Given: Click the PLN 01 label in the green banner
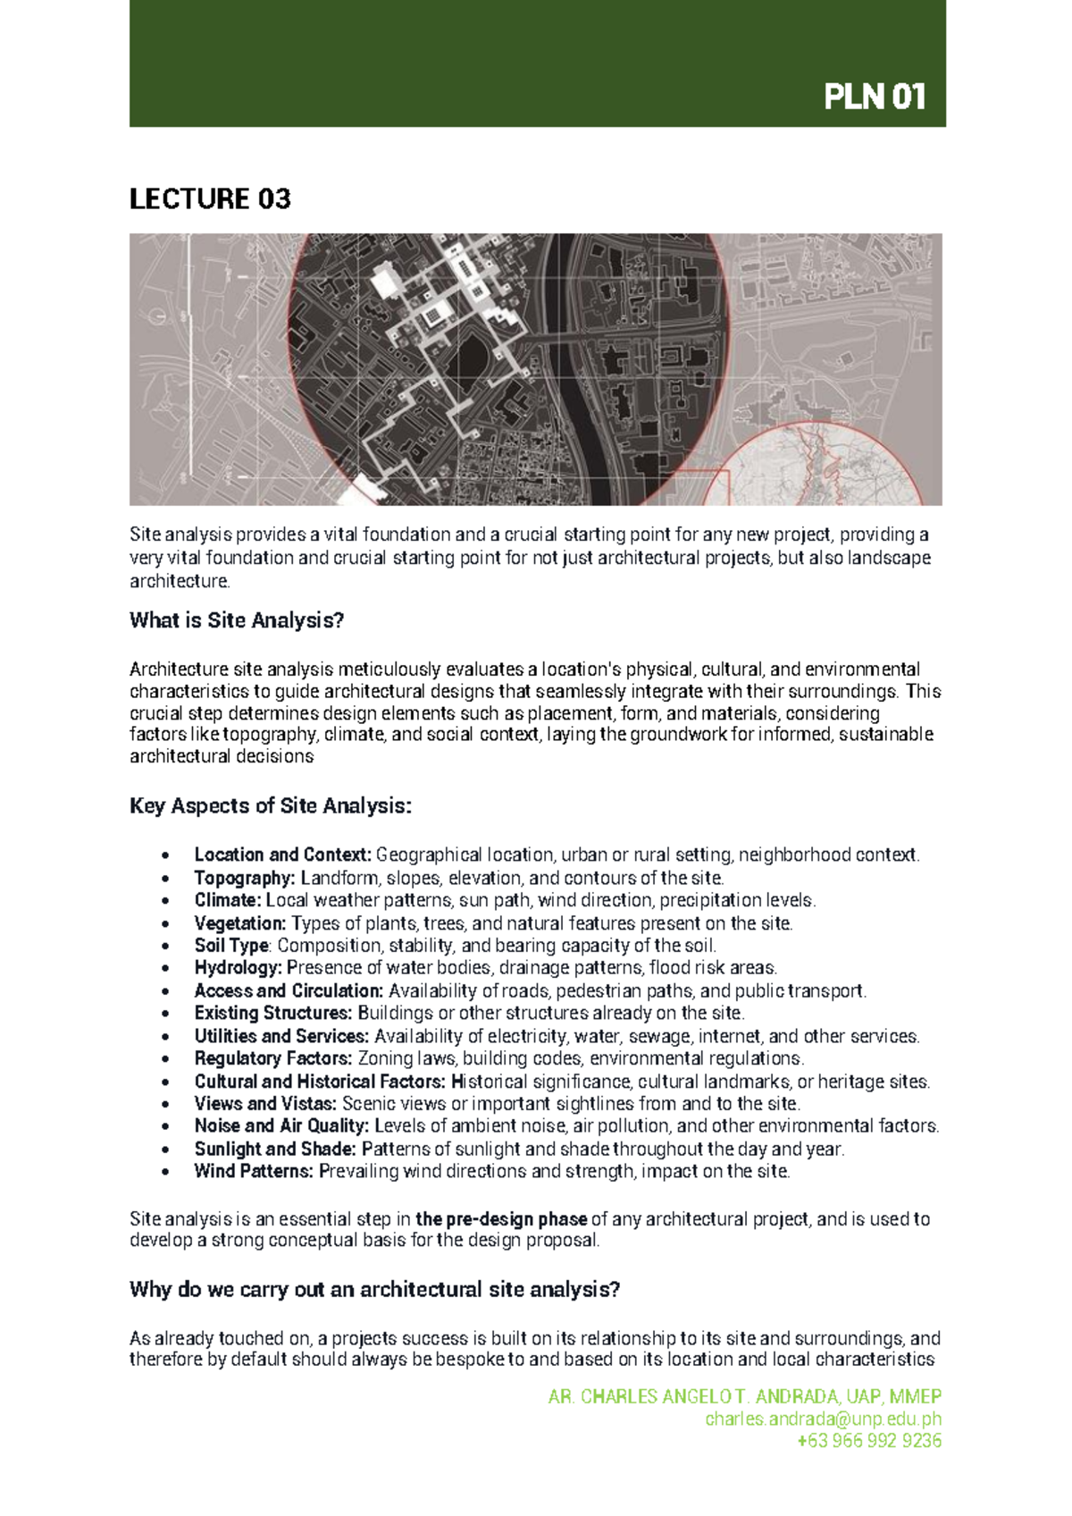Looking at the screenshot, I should click(874, 97).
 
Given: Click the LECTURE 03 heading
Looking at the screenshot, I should click(210, 198).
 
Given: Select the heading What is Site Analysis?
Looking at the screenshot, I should click(237, 620).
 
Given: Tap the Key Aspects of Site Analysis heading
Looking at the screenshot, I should click(271, 806).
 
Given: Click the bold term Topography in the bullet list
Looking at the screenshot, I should click(244, 878).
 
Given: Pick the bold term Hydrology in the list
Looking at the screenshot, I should click(238, 968).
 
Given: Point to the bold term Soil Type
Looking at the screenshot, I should click(231, 946).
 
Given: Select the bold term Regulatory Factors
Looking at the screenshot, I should click(273, 1058).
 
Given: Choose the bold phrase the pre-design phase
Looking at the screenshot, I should click(501, 1219).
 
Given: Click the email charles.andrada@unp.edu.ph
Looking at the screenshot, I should click(823, 1419).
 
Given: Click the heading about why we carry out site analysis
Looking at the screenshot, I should click(374, 1290).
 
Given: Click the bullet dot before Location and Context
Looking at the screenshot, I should click(165, 855).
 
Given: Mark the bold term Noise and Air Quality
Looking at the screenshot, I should click(281, 1126).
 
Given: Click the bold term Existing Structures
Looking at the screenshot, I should click(273, 1014).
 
